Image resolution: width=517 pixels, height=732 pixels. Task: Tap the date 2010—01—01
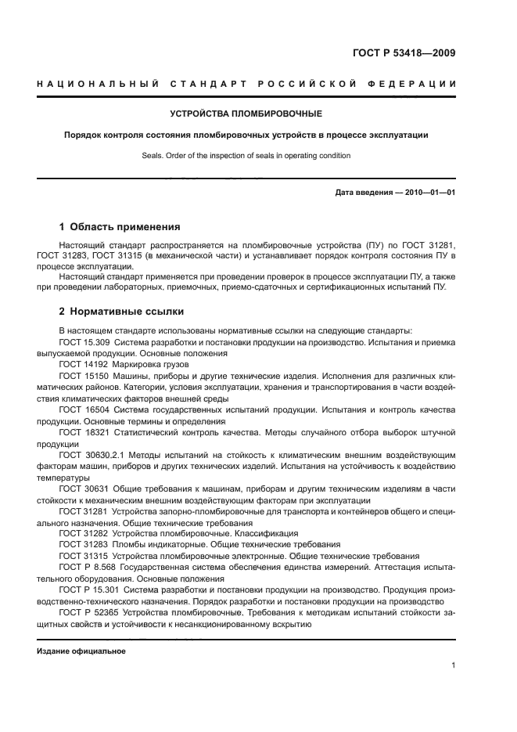429,193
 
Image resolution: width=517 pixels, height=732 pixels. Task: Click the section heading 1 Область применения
120,227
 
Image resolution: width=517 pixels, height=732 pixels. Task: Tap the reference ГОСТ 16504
83,409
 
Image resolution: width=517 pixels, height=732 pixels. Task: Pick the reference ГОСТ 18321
83,432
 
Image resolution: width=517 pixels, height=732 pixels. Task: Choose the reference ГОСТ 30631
83,489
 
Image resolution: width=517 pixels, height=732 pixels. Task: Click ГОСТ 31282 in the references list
83,533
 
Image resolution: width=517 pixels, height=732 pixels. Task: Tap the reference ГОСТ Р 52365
88,612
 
